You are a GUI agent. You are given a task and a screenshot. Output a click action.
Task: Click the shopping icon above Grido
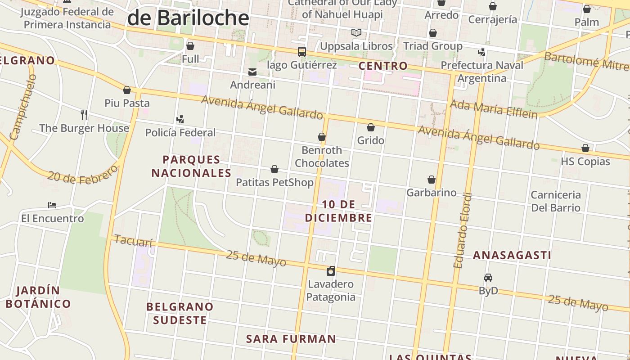371,128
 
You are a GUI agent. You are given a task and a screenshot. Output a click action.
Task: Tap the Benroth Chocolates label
322,157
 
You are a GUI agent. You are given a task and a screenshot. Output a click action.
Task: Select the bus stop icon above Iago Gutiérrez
302,52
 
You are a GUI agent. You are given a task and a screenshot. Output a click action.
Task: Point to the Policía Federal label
180,133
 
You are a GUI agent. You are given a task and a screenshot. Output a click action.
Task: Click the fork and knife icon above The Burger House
84,114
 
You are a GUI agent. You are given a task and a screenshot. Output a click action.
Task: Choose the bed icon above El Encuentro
52,205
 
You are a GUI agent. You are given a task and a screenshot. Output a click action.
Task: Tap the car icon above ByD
488,278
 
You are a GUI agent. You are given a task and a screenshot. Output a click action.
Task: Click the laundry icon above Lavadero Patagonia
331,270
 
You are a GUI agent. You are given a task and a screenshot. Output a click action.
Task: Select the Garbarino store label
431,193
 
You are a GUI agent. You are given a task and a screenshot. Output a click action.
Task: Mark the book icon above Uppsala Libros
356,32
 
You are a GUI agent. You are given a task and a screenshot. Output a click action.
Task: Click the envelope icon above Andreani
252,72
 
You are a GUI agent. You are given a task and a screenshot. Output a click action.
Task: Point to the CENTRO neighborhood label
383,66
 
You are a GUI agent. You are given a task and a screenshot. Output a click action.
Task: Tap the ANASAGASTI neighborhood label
512,255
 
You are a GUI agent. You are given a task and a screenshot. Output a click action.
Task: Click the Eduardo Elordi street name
463,231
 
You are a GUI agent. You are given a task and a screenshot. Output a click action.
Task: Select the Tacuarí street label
133,241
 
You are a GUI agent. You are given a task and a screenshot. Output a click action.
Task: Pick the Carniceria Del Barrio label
556,201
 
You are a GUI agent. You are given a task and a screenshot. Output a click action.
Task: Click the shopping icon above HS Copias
585,148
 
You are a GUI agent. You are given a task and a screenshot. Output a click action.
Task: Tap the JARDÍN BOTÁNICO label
38,297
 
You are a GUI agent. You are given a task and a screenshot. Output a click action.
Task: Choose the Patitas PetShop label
274,182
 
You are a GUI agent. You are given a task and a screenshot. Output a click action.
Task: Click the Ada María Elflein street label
494,109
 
